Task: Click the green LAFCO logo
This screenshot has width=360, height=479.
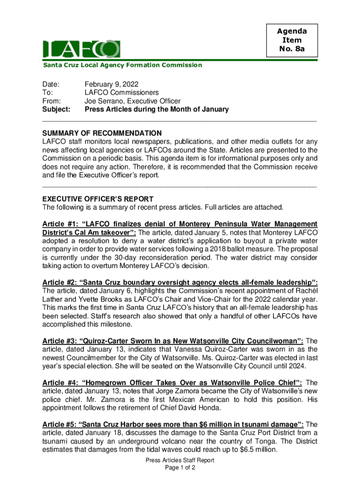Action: click(81, 49)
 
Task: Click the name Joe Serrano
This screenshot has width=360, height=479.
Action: click(103, 101)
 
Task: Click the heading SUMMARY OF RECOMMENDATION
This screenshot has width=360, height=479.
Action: click(102, 133)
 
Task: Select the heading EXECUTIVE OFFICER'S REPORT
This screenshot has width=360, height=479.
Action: click(98, 199)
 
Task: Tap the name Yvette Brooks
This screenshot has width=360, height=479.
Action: click(98, 299)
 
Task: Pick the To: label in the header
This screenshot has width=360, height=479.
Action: click(47, 93)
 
